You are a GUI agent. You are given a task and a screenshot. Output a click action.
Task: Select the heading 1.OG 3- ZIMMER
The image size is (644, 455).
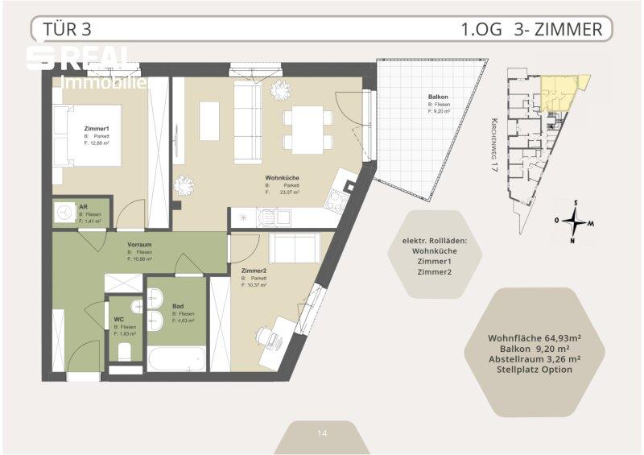(x=531, y=30)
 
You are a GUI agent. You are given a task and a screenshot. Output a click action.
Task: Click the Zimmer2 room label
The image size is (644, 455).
(x=254, y=271)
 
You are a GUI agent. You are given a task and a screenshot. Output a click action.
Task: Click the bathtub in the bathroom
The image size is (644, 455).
(x=175, y=357)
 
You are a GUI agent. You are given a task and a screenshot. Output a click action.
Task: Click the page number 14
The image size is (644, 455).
(x=322, y=433)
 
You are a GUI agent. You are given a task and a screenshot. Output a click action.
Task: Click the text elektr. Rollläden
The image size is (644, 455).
(x=435, y=241)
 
